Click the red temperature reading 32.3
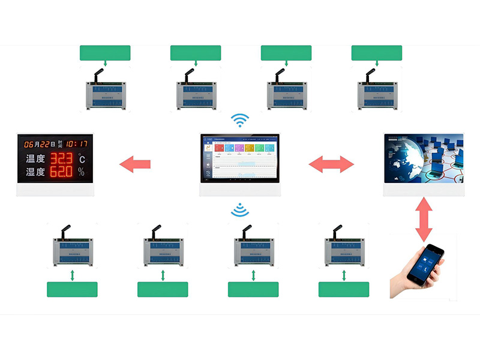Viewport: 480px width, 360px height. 61,159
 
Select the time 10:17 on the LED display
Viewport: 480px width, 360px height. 76,144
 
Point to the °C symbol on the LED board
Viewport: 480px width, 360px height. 82,160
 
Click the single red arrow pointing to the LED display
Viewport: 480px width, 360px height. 134,163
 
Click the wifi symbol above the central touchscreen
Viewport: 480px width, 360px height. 240,121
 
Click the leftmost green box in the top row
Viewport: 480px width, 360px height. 105,53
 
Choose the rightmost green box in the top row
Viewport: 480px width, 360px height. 376,53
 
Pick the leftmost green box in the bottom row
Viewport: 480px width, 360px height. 72,289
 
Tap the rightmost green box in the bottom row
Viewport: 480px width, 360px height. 343,289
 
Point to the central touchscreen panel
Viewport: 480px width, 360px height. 240,158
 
